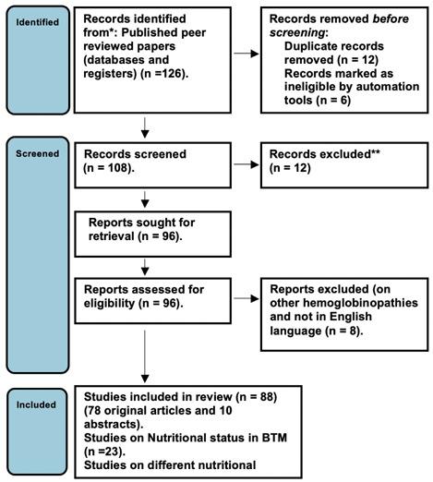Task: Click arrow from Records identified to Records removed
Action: [x=242, y=53]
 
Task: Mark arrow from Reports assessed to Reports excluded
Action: [x=242, y=300]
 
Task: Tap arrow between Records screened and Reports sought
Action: [x=144, y=196]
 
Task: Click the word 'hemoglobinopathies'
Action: [x=350, y=300]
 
